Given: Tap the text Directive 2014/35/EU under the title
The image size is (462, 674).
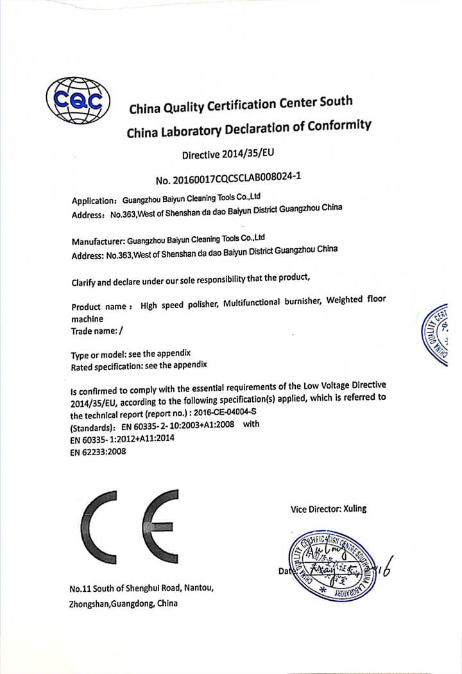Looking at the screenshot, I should (x=232, y=154).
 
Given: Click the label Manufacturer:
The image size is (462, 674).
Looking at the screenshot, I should (x=98, y=242).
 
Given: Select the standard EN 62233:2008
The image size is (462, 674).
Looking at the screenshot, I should (x=98, y=452).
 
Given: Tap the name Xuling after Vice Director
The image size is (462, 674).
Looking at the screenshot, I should (x=352, y=508).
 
